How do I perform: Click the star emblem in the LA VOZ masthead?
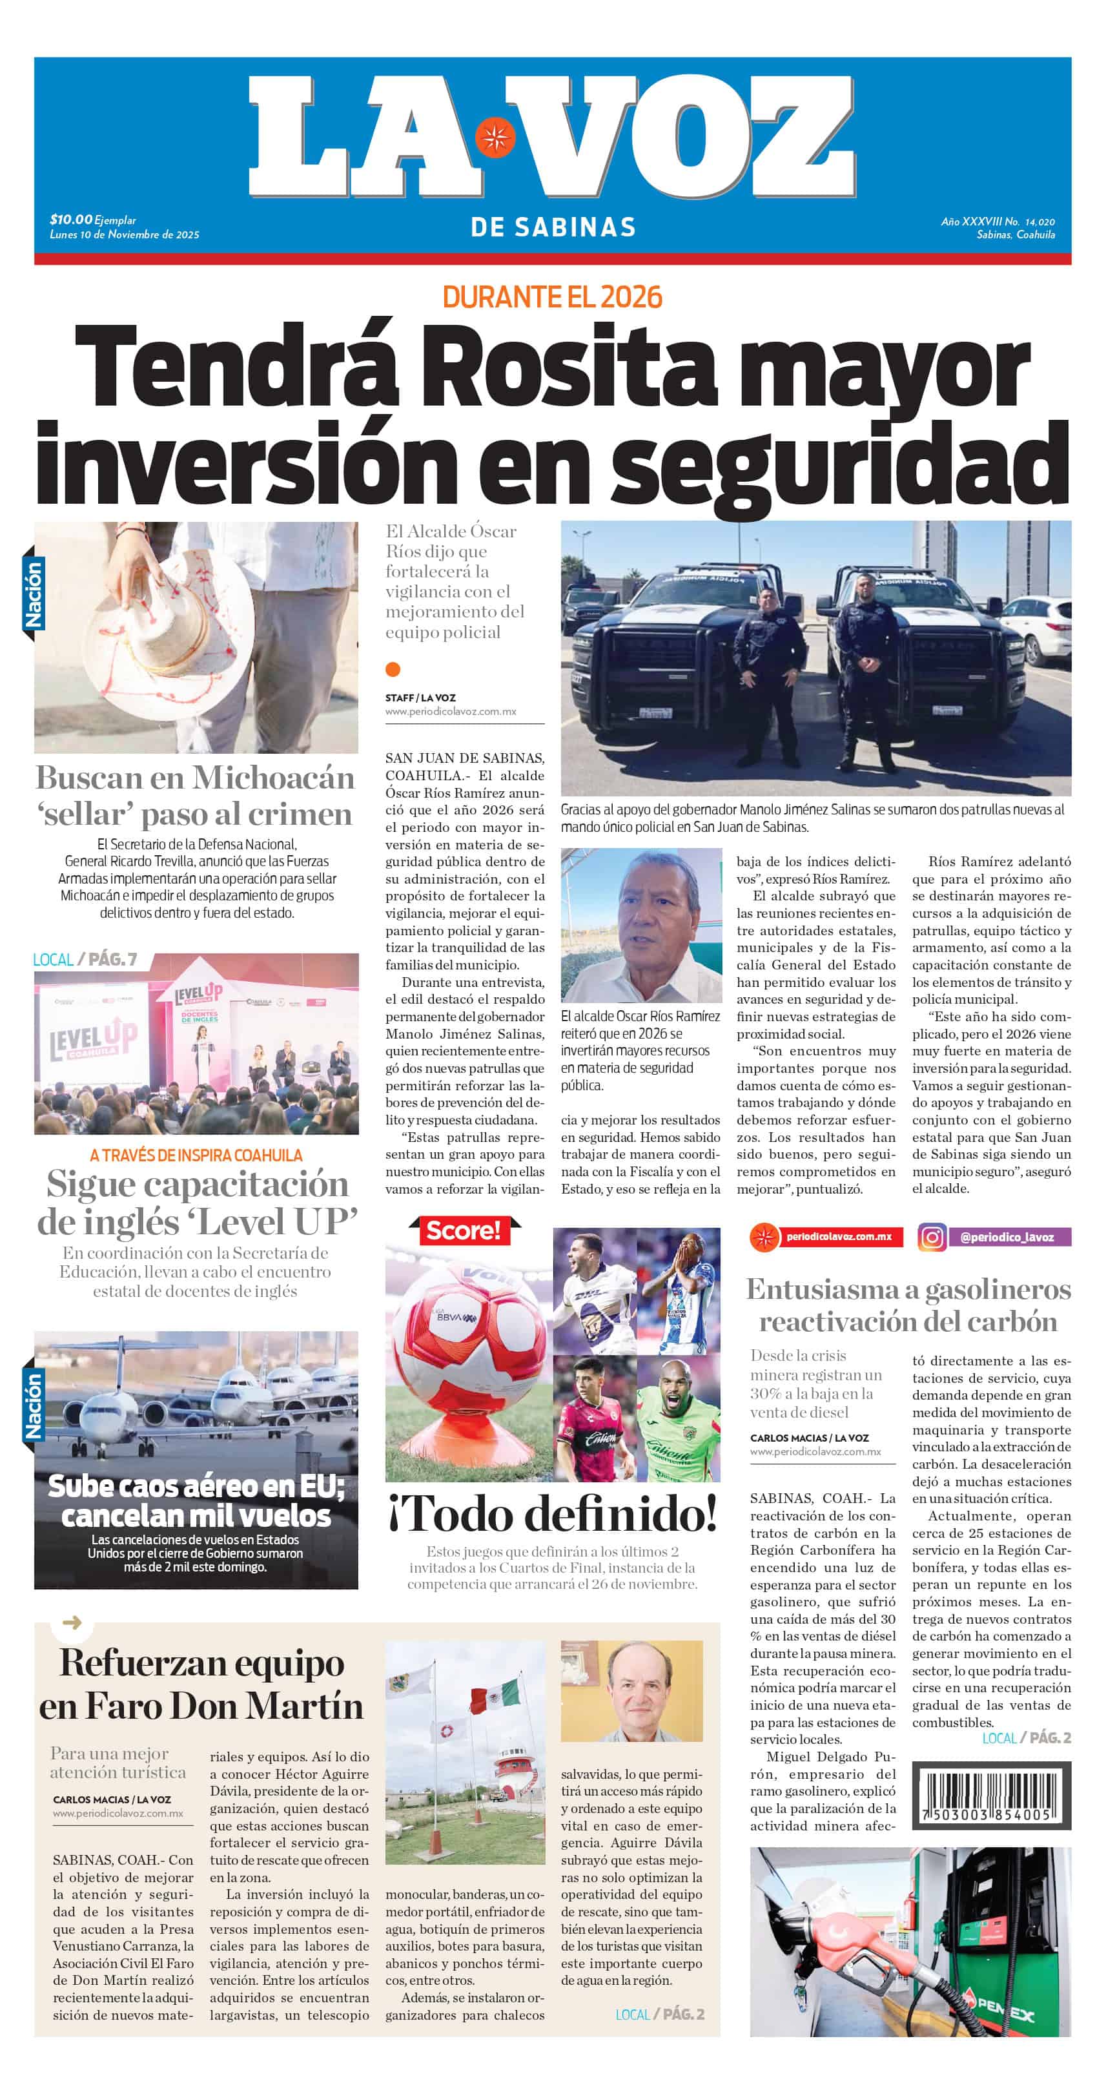pos(495,138)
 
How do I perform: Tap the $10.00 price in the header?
pos(71,219)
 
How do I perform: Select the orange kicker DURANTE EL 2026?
pos(552,298)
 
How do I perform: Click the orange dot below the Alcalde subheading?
pos(393,668)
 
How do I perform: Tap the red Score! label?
pos(464,1230)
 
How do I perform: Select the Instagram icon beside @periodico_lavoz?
pos(932,1237)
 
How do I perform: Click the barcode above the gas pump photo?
pos(991,1794)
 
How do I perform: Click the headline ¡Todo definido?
pos(553,1514)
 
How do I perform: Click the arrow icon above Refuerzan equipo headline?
pos(72,1622)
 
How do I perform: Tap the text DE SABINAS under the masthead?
pos(553,227)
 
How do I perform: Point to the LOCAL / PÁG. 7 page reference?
pos(85,960)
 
